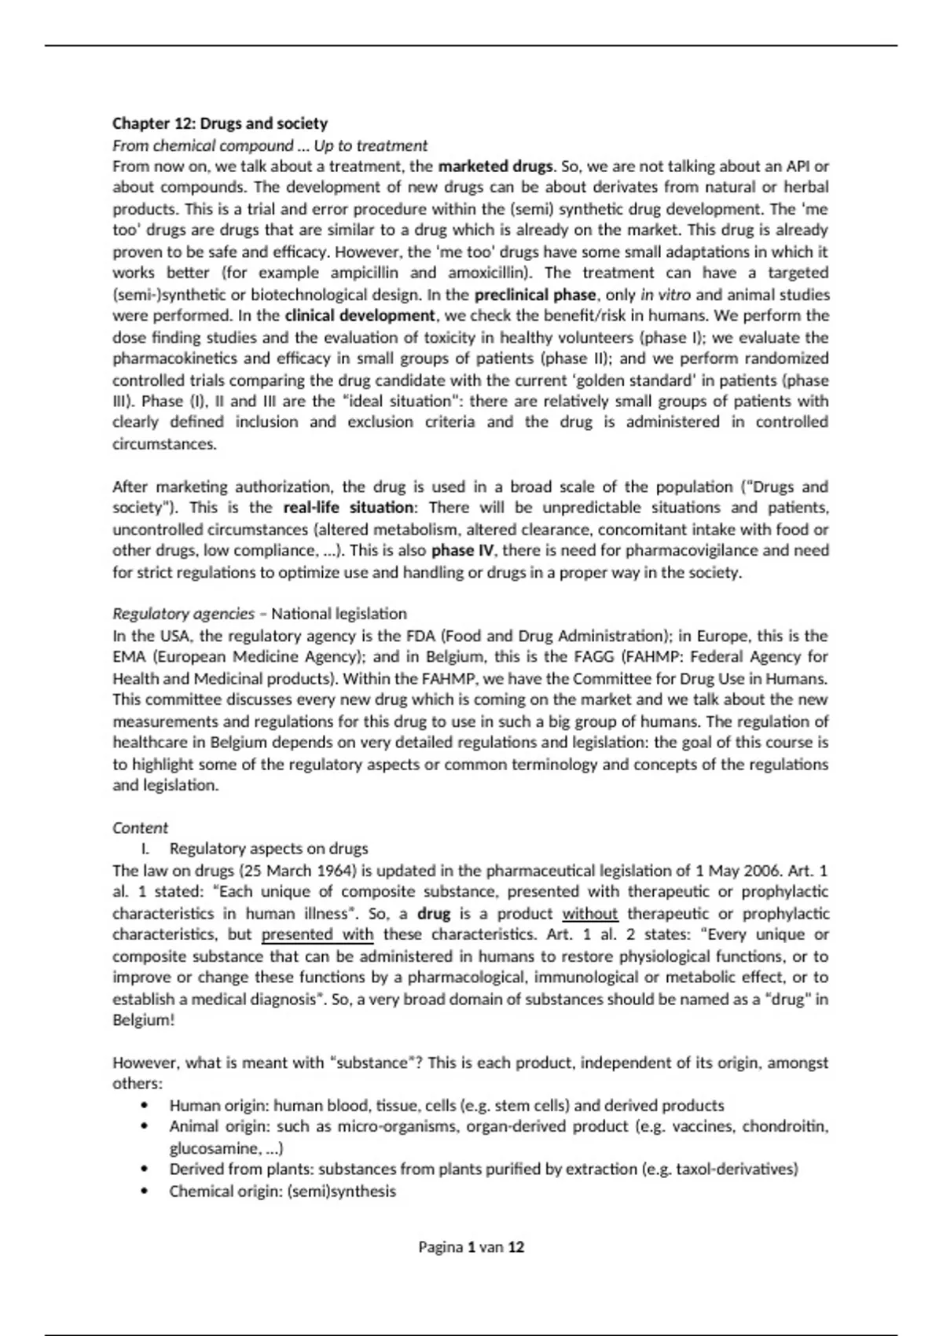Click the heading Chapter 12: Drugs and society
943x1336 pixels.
(220, 123)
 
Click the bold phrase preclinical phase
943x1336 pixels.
(535, 295)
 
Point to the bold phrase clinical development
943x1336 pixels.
(359, 316)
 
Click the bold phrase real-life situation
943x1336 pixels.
(348, 508)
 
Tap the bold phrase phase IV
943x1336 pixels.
(464, 550)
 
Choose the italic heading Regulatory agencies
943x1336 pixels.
(184, 614)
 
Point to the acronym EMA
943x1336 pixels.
(129, 657)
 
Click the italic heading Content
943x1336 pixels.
(140, 828)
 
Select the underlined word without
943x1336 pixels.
(589, 914)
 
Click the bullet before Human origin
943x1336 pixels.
(143, 1106)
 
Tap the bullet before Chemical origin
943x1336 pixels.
(143, 1191)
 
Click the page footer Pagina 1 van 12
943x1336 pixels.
(471, 1247)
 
